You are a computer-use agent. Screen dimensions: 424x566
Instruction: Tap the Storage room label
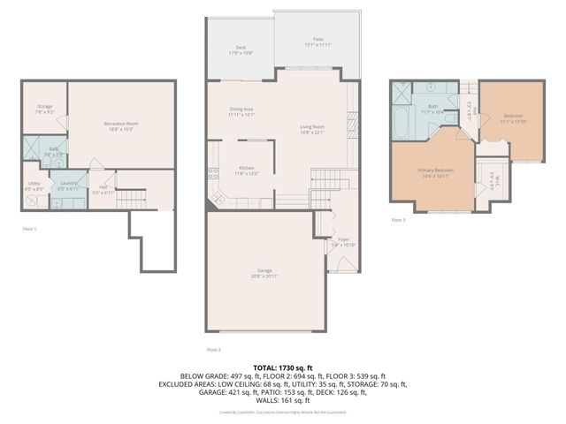pos(44,109)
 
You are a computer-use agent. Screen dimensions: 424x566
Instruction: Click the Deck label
pos(241,49)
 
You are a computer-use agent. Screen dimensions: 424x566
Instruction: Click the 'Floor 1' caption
pos(29,229)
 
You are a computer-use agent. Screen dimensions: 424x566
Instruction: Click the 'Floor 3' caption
pos(398,220)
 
